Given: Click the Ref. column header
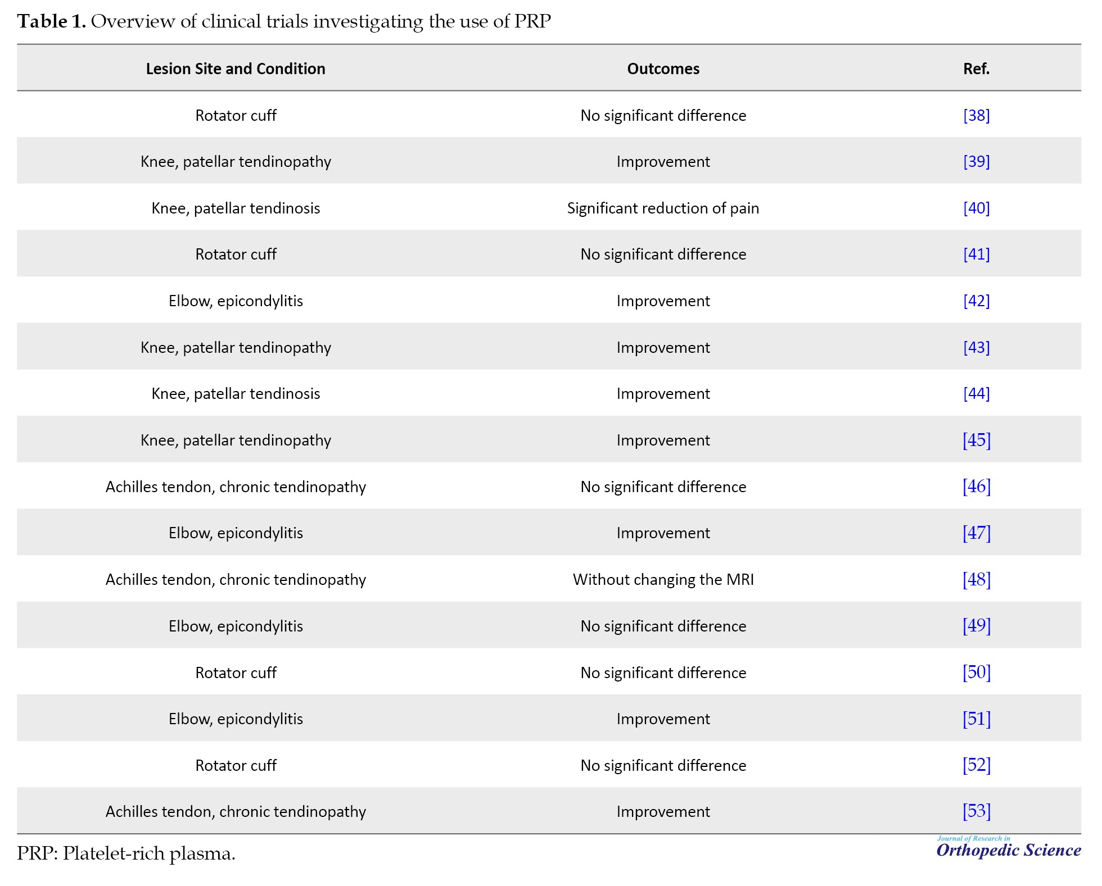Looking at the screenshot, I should [976, 69].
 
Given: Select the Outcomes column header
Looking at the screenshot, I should [663, 69].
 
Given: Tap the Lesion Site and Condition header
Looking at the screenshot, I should [236, 69].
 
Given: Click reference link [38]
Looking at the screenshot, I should [976, 115].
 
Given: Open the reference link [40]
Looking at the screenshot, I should [976, 208].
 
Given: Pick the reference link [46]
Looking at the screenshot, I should [976, 486].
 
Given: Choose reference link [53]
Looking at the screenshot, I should [976, 811].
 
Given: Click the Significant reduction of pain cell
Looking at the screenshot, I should [663, 208].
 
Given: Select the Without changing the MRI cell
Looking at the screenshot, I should [663, 579].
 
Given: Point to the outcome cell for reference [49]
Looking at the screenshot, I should [663, 626].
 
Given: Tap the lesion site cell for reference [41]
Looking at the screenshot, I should [236, 254].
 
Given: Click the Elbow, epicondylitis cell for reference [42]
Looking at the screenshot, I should [236, 301].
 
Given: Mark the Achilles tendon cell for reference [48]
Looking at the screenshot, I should [236, 579].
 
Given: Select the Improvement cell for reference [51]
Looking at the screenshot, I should [663, 719].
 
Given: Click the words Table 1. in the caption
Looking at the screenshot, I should [51, 21].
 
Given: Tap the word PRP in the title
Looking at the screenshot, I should [532, 21].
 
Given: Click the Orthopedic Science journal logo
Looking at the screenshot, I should [1008, 848].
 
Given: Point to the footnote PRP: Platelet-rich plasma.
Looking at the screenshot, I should [126, 853].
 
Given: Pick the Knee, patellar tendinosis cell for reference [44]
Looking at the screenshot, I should [236, 393].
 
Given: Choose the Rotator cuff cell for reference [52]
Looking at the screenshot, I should [236, 765].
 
